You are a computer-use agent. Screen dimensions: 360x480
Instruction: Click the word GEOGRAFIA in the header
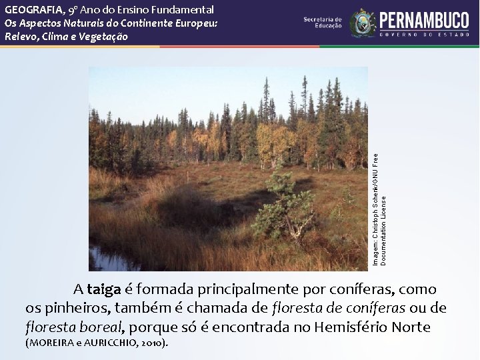[x=34, y=9]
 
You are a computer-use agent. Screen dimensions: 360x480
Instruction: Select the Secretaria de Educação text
[x=323, y=23]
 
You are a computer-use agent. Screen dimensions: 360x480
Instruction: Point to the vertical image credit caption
[x=379, y=207]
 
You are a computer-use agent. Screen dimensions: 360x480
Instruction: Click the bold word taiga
[x=103, y=290]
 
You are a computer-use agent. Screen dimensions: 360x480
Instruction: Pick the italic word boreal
[x=101, y=327]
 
